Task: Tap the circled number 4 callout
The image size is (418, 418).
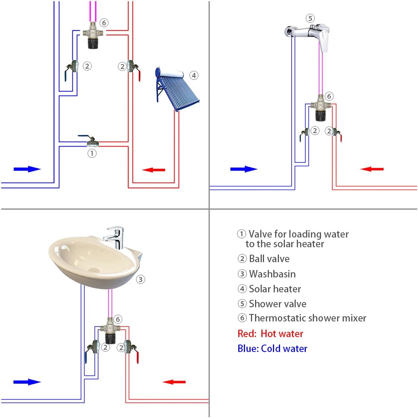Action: (194, 75)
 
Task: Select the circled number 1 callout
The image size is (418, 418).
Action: (92, 153)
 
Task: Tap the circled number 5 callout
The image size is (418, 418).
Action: (310, 18)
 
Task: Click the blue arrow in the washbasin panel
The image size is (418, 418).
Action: (26, 382)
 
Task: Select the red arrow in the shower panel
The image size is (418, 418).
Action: (372, 169)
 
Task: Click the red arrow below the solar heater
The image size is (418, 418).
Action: (154, 170)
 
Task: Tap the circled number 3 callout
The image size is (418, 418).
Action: (140, 279)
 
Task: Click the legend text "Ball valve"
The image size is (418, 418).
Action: (269, 259)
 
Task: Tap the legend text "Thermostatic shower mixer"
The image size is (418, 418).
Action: (307, 318)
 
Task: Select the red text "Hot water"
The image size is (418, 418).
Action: (282, 334)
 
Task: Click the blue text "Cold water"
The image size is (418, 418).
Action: (284, 349)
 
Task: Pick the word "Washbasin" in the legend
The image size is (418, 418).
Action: (272, 274)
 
